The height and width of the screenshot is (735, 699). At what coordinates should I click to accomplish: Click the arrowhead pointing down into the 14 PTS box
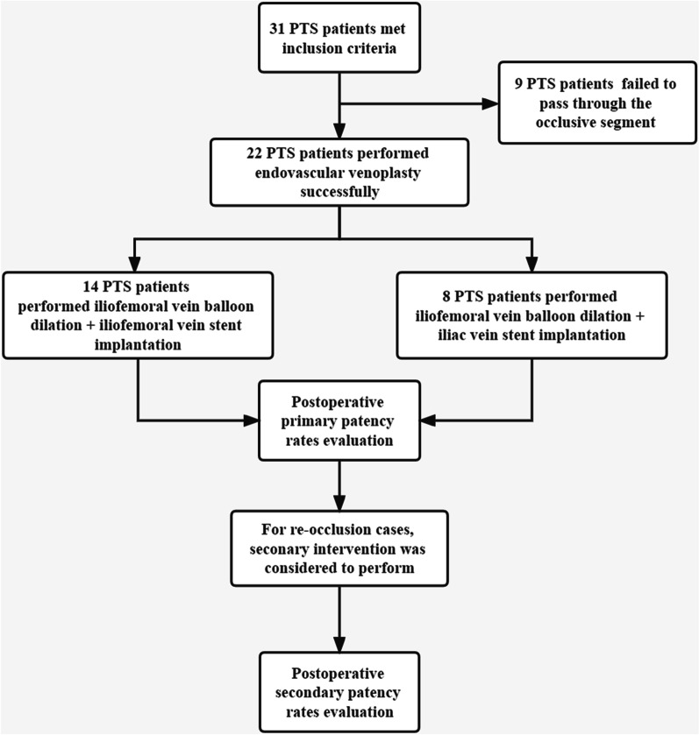click(137, 264)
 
